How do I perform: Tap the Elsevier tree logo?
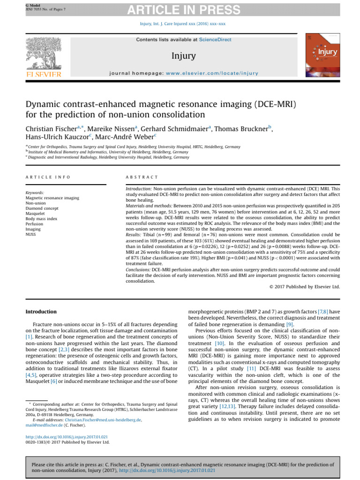pyautogui.click(x=43, y=55)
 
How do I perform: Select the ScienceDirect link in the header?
pyautogui.click(x=215, y=40)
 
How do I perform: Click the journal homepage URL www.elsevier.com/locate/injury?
pyautogui.click(x=212, y=73)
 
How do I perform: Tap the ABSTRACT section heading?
pyautogui.click(x=142, y=177)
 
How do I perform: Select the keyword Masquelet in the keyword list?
pyautogui.click(x=36, y=213)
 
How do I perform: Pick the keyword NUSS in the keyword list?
pyautogui.click(x=31, y=234)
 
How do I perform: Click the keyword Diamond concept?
pyautogui.click(x=42, y=208)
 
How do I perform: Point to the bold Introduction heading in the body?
pyautogui.click(x=41, y=312)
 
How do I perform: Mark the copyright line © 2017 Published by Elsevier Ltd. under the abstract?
pyautogui.click(x=305, y=286)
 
